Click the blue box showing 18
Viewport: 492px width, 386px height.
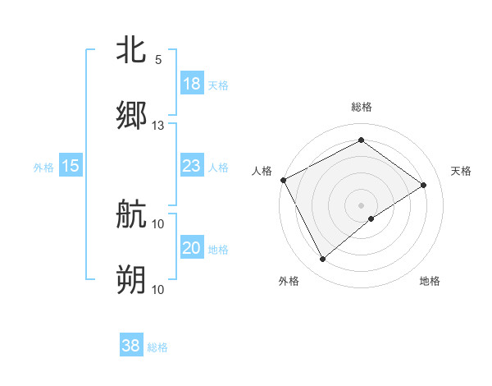tap(191, 84)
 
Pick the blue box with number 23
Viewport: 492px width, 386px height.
tap(191, 166)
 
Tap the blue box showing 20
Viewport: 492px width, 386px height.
tap(191, 248)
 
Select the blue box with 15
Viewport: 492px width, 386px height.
tap(71, 166)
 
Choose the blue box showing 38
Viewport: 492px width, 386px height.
tap(131, 346)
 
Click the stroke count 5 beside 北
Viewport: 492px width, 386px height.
tap(158, 60)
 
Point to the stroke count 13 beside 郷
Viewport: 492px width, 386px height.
tap(158, 126)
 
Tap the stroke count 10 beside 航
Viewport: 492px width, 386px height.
tap(158, 223)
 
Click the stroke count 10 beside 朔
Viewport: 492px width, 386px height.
tap(158, 289)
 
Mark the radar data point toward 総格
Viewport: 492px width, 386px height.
tap(361, 140)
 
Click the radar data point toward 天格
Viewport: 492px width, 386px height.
tap(424, 185)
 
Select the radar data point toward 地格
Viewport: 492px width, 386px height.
tap(371, 218)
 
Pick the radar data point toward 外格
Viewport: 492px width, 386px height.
tap(323, 260)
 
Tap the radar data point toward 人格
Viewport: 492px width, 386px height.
tap(283, 180)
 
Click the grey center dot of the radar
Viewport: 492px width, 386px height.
tap(361, 204)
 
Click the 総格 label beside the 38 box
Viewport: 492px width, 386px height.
tap(157, 347)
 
